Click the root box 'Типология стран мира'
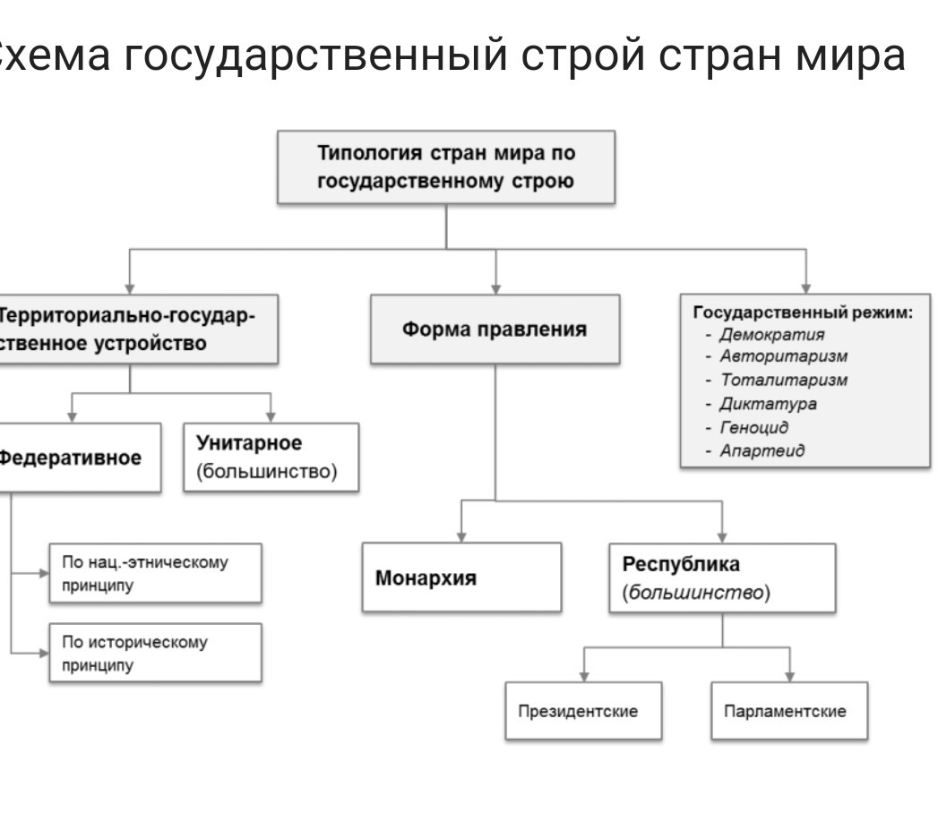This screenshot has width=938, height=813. (446, 167)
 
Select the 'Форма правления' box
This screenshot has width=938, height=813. (495, 329)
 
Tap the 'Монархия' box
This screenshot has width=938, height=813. (462, 578)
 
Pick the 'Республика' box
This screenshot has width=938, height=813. (723, 578)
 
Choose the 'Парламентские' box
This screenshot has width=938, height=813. (789, 711)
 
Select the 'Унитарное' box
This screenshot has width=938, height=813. (271, 457)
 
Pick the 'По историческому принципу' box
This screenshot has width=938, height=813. (156, 654)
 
